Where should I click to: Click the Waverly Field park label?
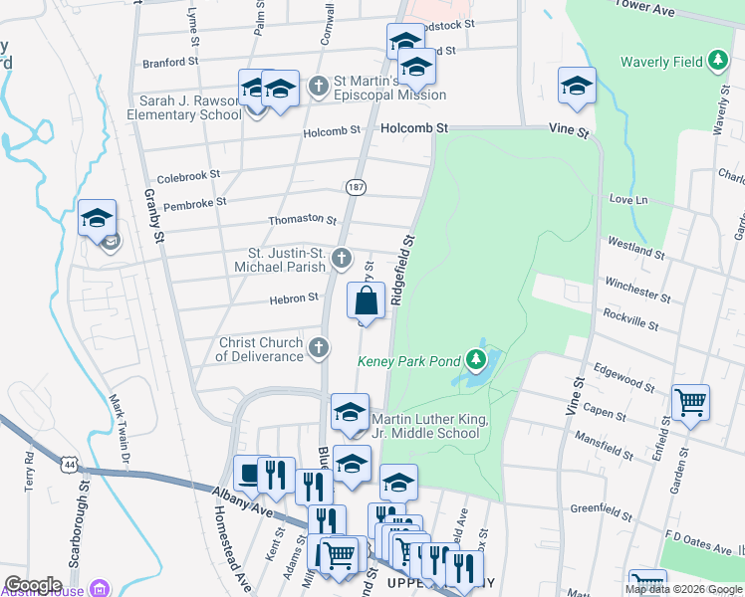pyautogui.click(x=661, y=62)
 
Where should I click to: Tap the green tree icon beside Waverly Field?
pyautogui.click(x=717, y=61)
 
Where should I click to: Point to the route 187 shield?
pyautogui.click(x=356, y=187)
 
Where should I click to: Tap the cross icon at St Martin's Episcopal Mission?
pyautogui.click(x=318, y=87)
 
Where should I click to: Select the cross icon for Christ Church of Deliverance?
pyautogui.click(x=318, y=347)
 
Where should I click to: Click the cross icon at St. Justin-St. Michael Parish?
pyautogui.click(x=341, y=260)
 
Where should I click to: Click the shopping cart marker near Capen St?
pyautogui.click(x=690, y=403)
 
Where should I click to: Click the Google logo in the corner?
pyautogui.click(x=33, y=585)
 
